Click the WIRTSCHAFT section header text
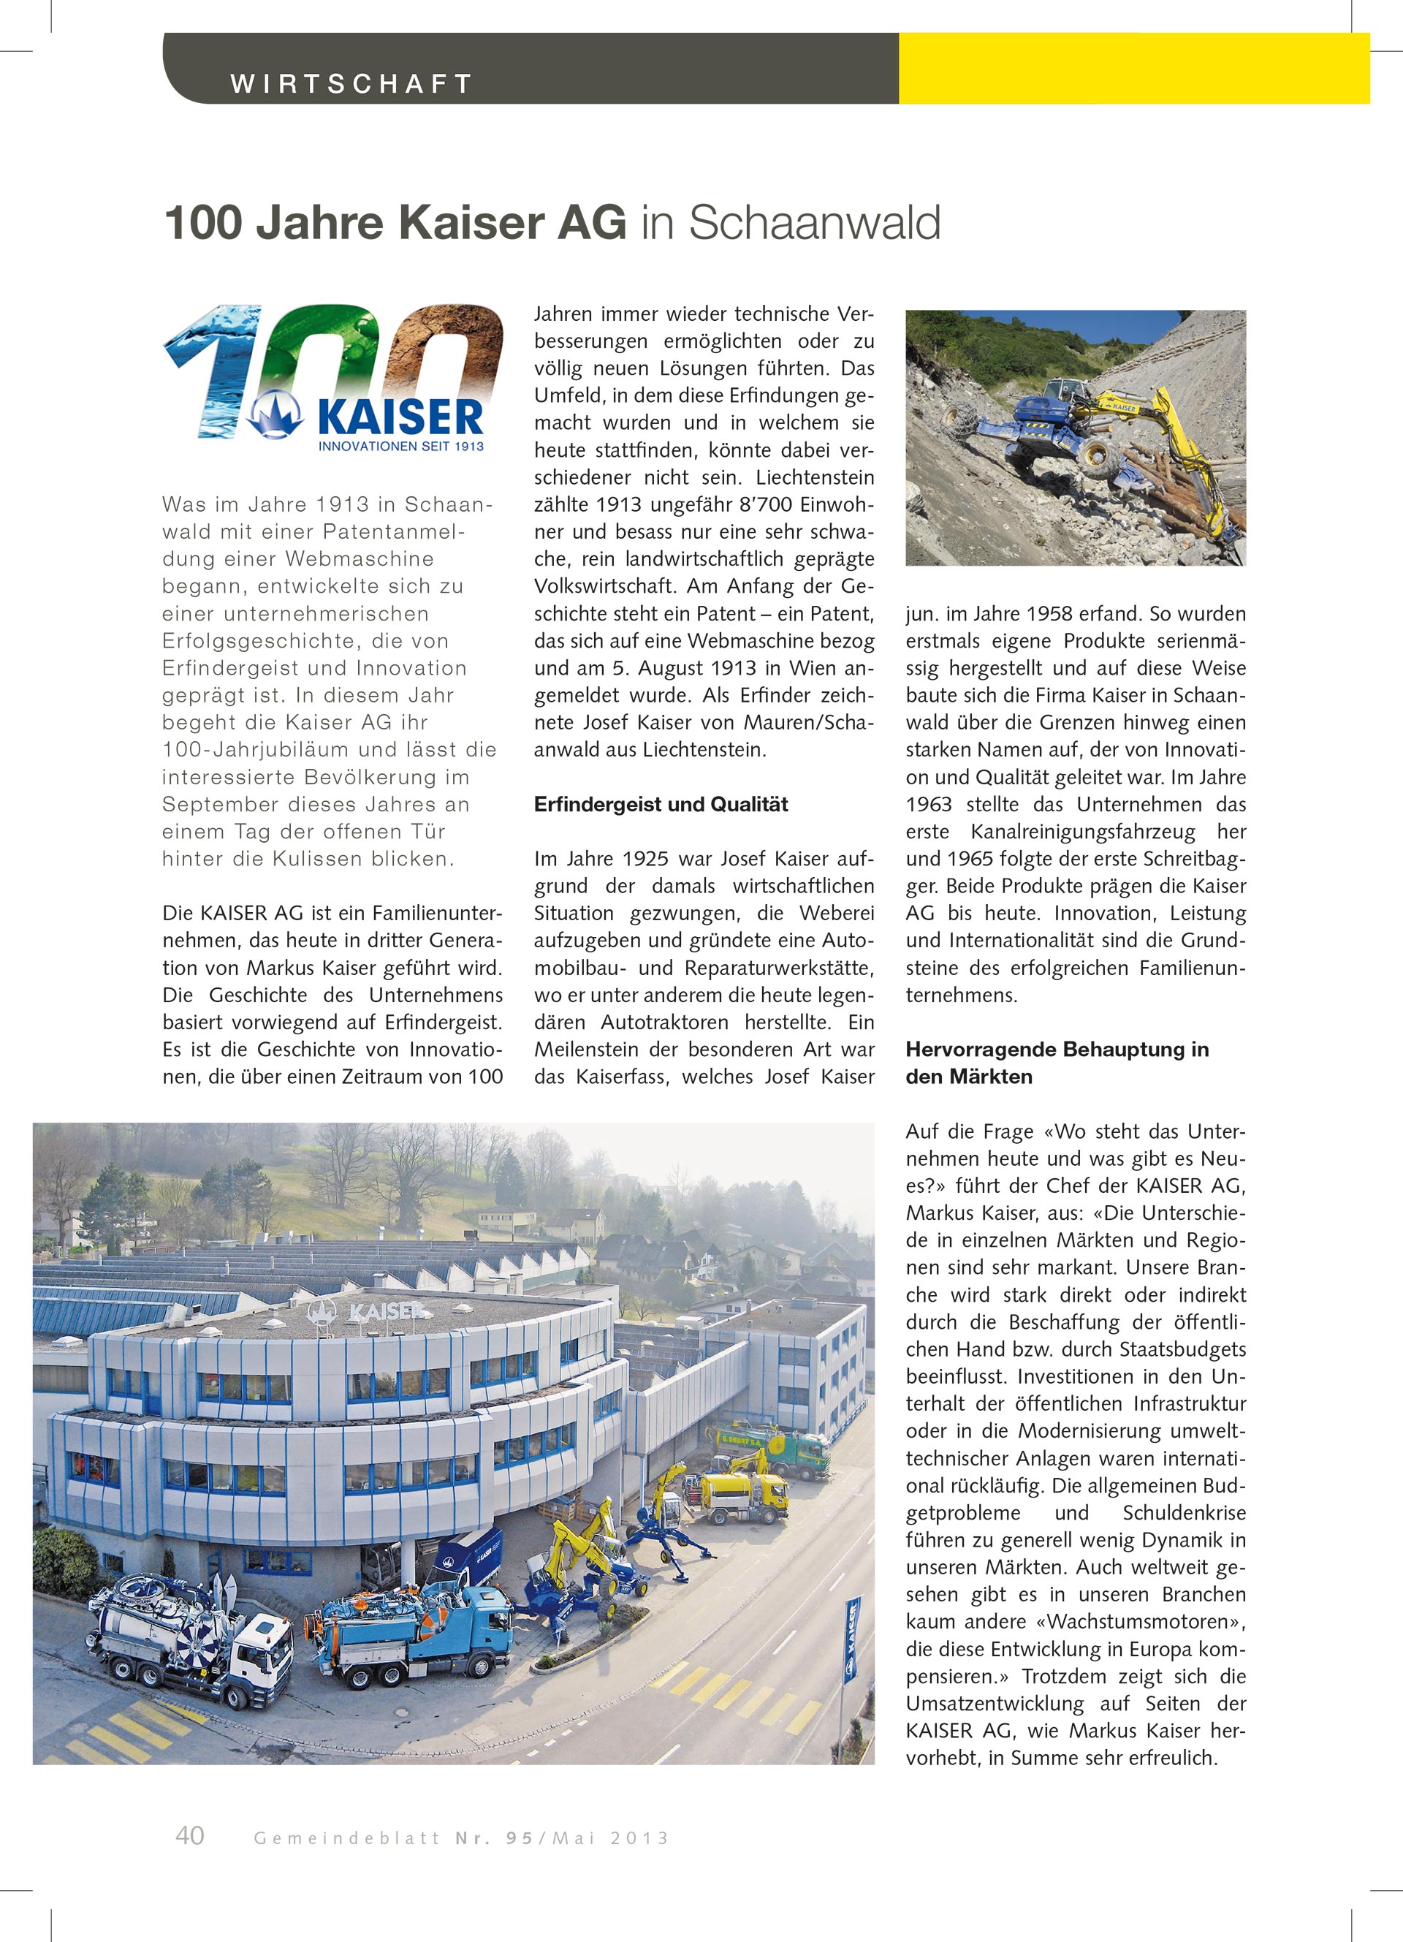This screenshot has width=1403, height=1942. pos(351,84)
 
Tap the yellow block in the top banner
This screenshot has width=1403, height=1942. pos(1133,69)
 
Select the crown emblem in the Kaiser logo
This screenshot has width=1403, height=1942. pos(275,415)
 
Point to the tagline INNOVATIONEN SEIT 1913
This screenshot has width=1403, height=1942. pos(400,446)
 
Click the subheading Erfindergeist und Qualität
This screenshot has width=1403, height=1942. pos(661,805)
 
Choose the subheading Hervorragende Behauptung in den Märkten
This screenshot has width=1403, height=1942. pos(1057,1063)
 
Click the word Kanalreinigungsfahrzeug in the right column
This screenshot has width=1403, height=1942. pos(1082,832)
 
